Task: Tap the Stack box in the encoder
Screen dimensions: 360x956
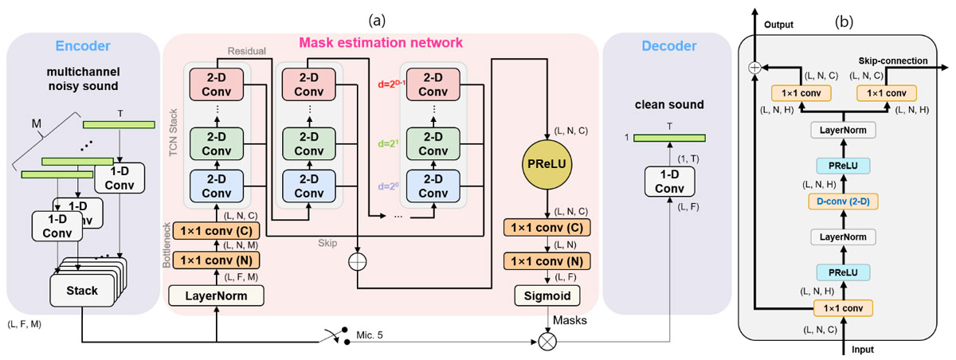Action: (82, 290)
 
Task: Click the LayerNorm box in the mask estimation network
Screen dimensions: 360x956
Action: (217, 296)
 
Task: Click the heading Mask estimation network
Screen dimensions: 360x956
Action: (380, 41)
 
